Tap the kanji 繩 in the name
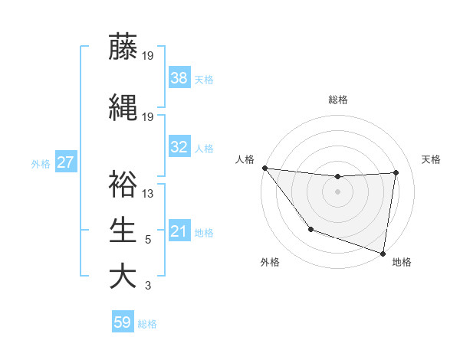(x=123, y=107)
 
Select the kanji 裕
(x=123, y=185)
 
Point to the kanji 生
(x=123, y=231)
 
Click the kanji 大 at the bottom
(x=123, y=277)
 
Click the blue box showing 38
(x=179, y=77)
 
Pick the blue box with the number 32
(x=179, y=147)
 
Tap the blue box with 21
(x=179, y=231)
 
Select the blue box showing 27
(x=65, y=162)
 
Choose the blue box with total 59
(x=123, y=322)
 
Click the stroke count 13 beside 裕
(x=148, y=194)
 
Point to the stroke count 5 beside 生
(x=148, y=240)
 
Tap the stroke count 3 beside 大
(x=148, y=286)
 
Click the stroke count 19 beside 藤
(x=148, y=55)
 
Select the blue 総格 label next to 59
(x=147, y=324)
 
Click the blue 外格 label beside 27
(x=41, y=163)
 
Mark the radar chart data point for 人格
(x=264, y=168)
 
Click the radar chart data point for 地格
(x=383, y=253)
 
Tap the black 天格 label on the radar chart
(x=431, y=159)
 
